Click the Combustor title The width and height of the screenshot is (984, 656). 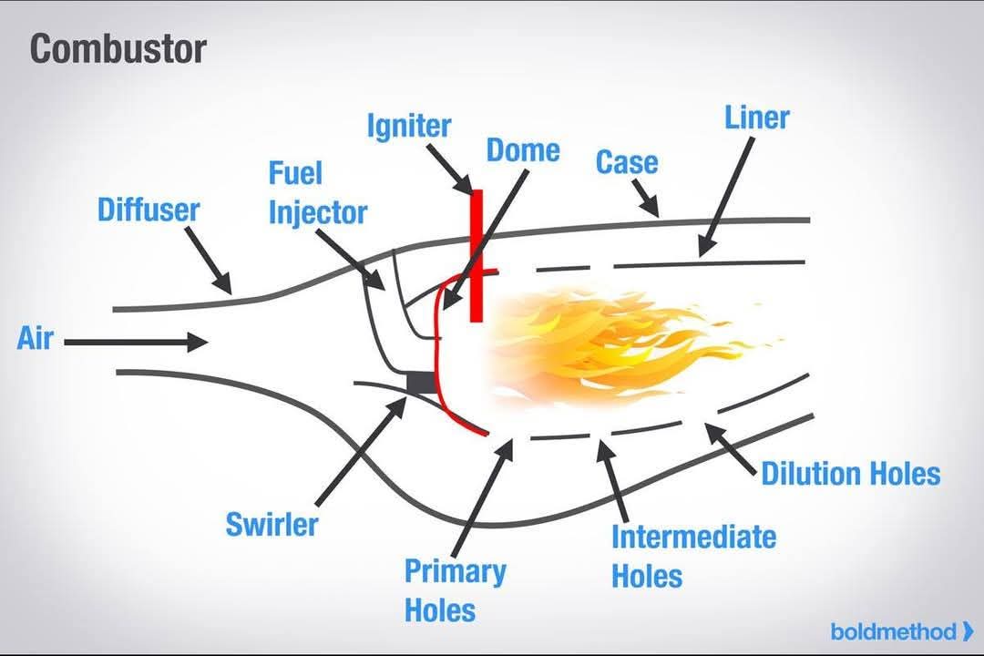point(118,48)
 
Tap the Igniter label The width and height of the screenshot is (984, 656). point(409,126)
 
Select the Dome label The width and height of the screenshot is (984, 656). point(522,149)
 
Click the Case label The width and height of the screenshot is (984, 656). point(627,162)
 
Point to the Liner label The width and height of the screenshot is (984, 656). point(756,118)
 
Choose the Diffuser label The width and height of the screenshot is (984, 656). point(149,210)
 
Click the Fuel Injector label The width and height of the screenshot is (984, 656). point(318,193)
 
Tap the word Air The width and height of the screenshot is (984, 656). point(36,339)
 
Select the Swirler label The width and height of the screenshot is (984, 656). point(272,524)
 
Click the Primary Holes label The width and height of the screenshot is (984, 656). point(455,590)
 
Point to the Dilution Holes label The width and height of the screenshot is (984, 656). point(850,474)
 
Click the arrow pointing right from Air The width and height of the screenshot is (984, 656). point(137,343)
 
